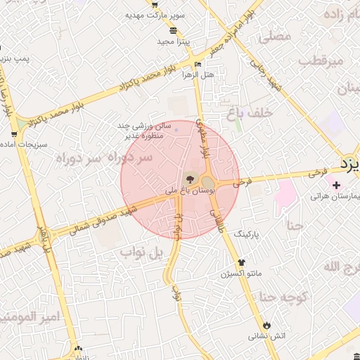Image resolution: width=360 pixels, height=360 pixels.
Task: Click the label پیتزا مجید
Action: coord(174,41)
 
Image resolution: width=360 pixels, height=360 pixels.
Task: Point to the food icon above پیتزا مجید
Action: coord(174,30)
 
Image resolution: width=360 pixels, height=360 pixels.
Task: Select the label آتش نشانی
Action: coord(267,336)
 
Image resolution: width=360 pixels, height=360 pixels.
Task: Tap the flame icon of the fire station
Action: coord(266,325)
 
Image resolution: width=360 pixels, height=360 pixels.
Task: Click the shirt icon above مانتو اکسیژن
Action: coord(242,263)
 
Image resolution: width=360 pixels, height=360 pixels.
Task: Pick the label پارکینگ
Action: coord(247,231)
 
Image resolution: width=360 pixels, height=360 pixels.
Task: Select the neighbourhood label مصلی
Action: coord(275,37)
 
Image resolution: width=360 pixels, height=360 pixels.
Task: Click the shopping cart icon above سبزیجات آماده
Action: coord(15,134)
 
